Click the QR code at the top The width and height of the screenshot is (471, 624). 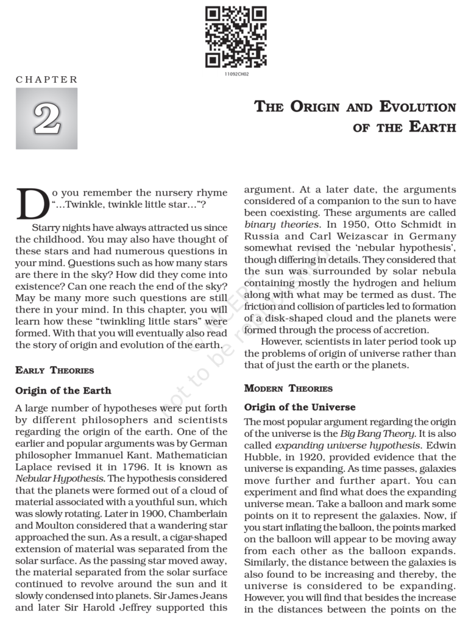click(235, 37)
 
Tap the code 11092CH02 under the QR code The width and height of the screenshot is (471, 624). click(235, 74)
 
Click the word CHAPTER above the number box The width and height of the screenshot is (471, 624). click(47, 80)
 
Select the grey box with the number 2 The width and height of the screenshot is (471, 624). click(46, 118)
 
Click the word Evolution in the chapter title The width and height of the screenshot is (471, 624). click(417, 108)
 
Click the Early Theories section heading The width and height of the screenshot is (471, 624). click(55, 370)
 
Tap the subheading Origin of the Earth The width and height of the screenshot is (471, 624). click(63, 390)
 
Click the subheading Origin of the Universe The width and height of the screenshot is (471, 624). click(300, 407)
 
